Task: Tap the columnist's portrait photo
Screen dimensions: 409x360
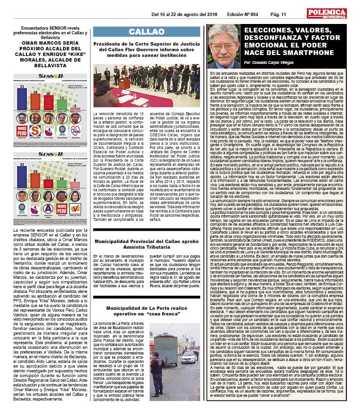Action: click(223, 47)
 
